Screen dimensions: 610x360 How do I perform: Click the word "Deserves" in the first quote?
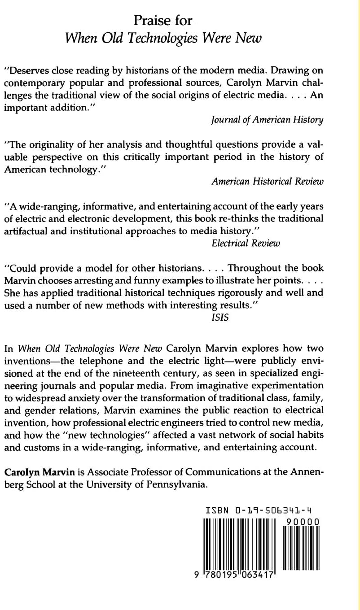(26, 71)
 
